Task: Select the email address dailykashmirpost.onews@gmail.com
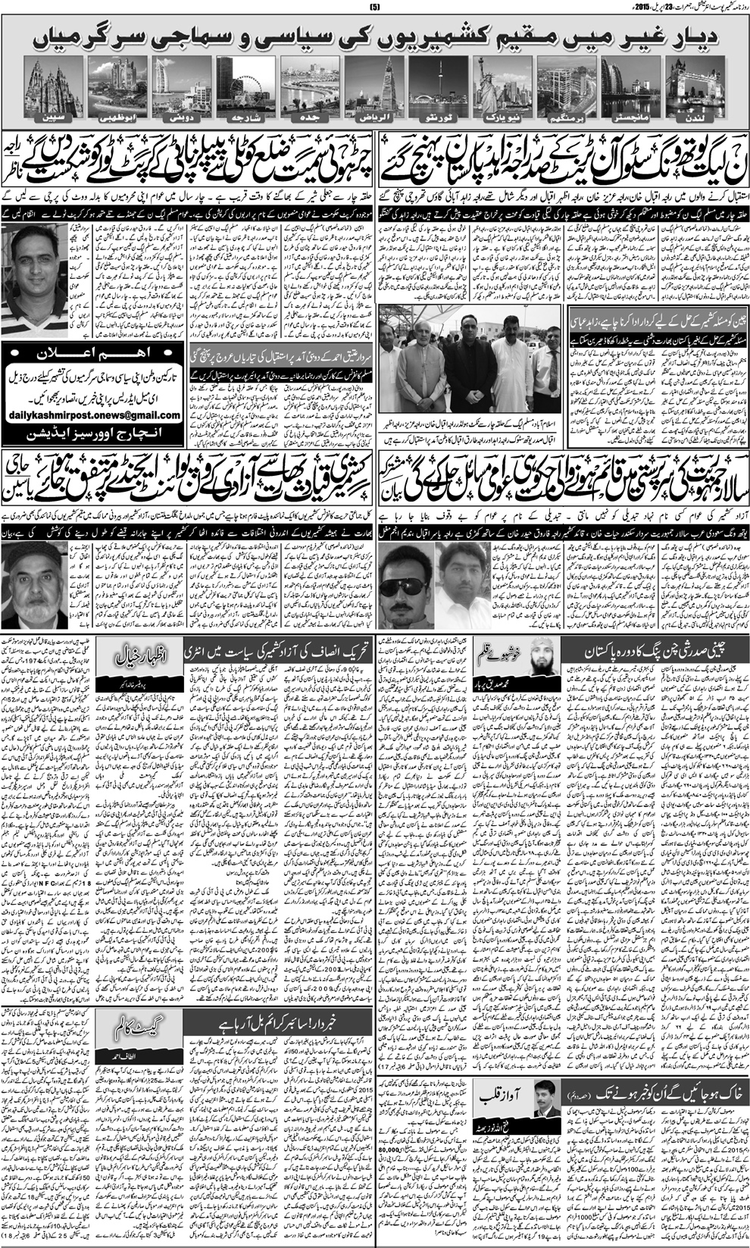(x=95, y=415)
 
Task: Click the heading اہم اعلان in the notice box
(x=95, y=354)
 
